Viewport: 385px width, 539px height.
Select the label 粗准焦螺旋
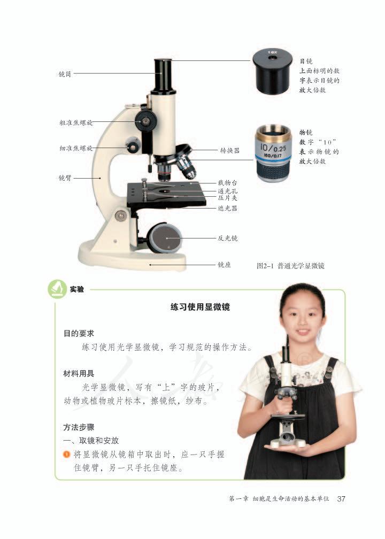[75, 122]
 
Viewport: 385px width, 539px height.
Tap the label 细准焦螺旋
[75, 148]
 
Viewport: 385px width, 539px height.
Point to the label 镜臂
[65, 177]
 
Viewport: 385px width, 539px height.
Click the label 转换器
[230, 151]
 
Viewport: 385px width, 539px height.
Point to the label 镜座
[224, 264]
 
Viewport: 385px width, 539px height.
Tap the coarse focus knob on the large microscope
[145, 120]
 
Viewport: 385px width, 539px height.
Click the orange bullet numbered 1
[66, 455]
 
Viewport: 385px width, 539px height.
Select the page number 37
[341, 499]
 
